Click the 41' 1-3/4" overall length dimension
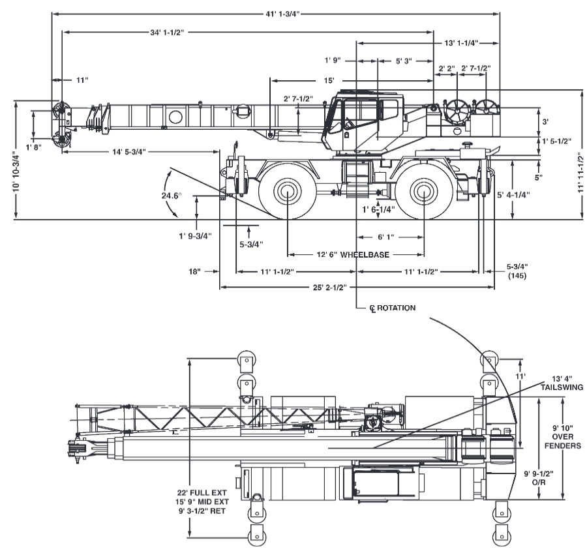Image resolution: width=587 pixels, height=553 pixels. click(x=282, y=14)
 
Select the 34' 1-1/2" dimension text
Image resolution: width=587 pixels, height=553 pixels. click(x=167, y=33)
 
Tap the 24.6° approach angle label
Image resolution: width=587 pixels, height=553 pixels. click(x=172, y=196)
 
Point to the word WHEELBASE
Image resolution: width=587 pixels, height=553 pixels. click(x=365, y=255)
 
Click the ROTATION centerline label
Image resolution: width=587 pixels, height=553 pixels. click(x=396, y=308)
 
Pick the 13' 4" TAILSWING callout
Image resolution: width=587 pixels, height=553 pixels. click(x=562, y=383)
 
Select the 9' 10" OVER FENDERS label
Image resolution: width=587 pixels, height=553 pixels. click(x=563, y=436)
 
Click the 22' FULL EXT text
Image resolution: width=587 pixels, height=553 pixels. click(x=202, y=493)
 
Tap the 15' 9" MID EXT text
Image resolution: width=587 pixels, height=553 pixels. click(x=202, y=501)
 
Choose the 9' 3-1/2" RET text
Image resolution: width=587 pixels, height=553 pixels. click(x=202, y=511)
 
